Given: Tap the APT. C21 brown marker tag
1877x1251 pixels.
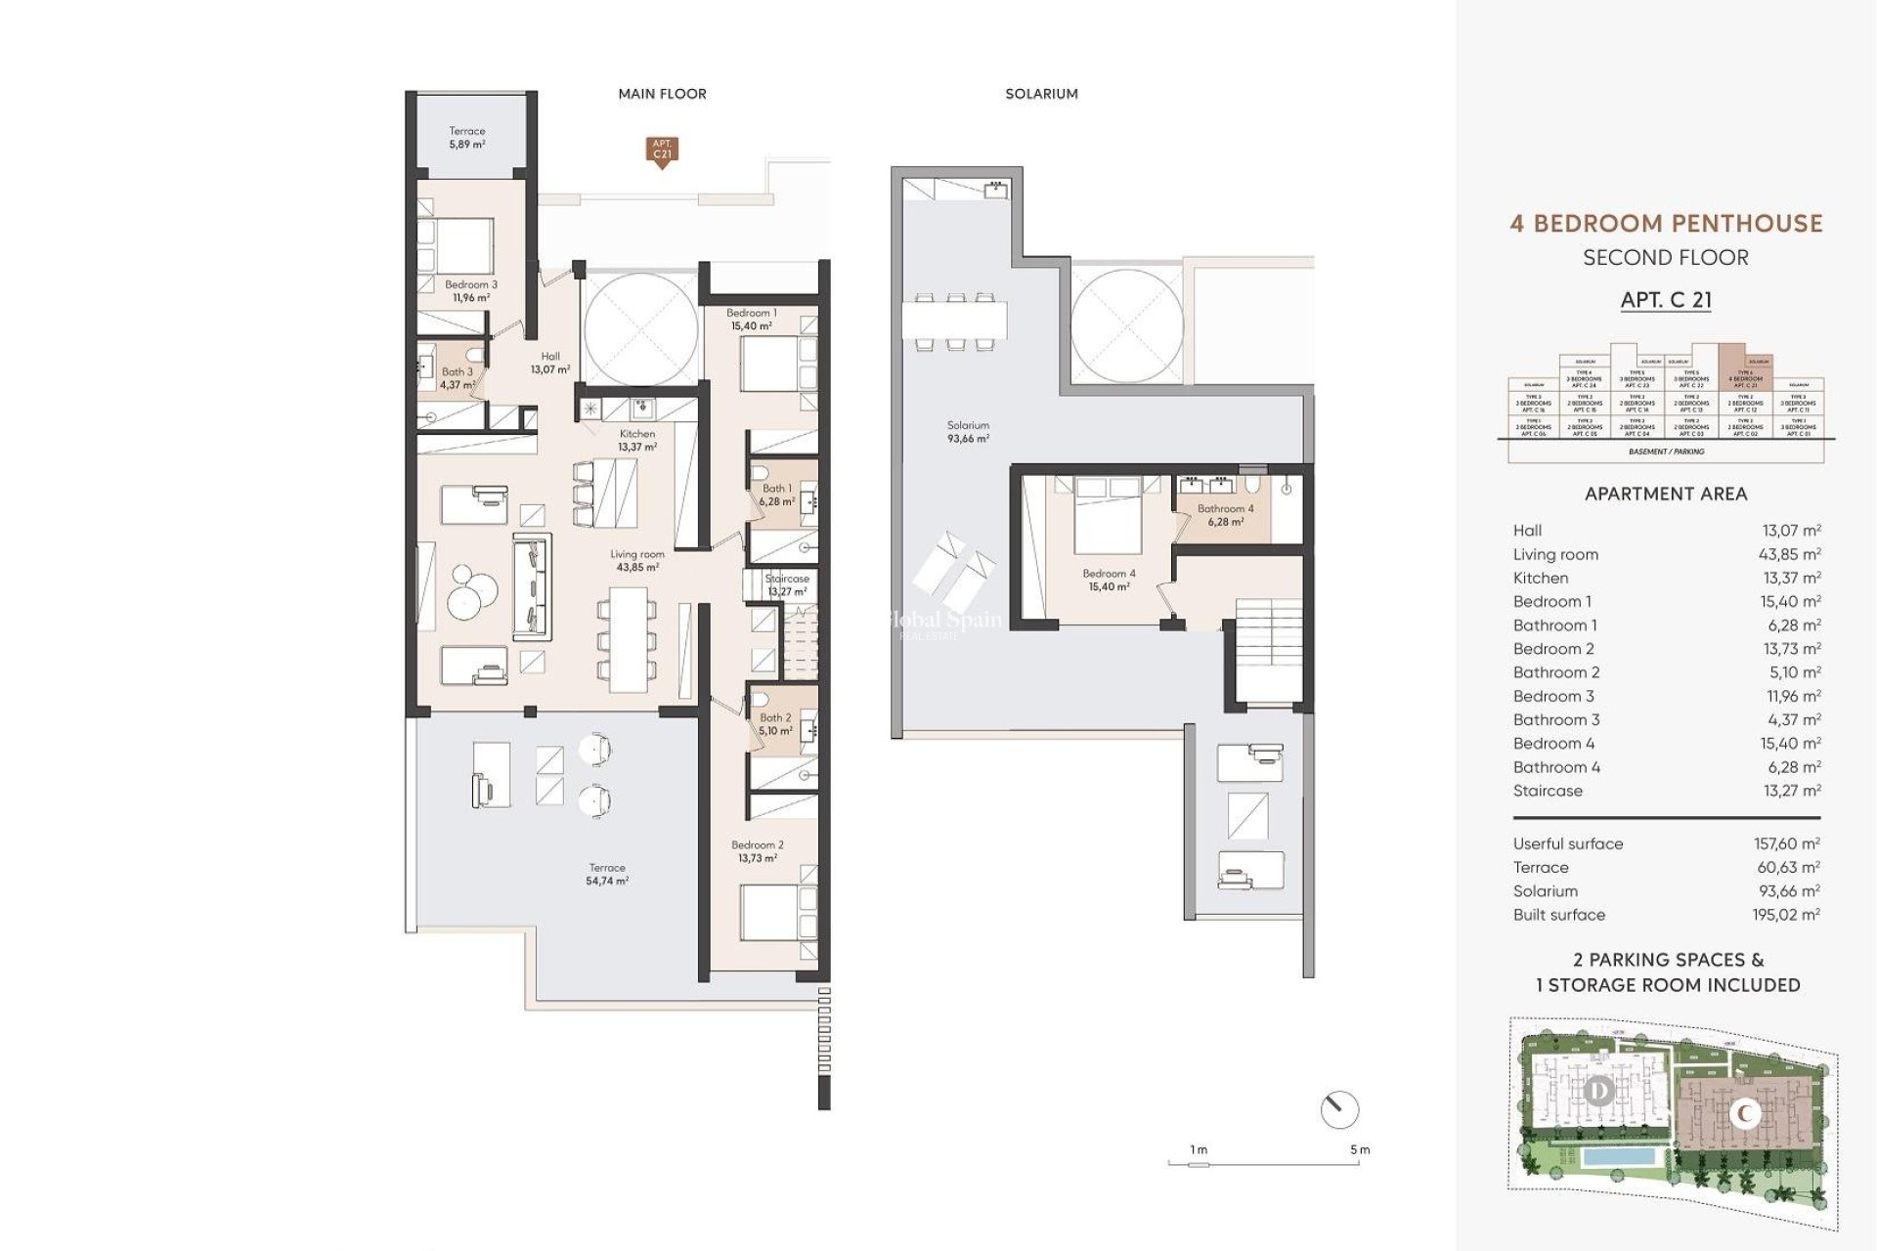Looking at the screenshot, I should coord(662,150).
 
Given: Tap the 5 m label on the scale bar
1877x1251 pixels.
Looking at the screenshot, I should coord(1359,1149).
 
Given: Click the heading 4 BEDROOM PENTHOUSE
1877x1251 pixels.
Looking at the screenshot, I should coord(1666,224).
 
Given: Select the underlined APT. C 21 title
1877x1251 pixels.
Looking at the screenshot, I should coord(1666,300).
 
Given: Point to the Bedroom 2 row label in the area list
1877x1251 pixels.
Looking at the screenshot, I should coord(1552,649).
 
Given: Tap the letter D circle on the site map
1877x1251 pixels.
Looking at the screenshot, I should coord(1599,1090).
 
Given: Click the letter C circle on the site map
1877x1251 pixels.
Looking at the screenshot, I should coord(1746,1113).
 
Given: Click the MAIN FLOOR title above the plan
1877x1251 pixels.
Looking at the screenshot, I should coord(662,94).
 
